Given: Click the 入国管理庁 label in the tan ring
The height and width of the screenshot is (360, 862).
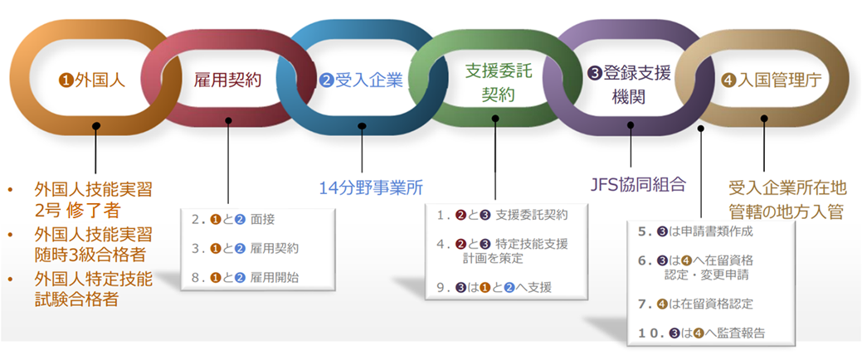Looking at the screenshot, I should (x=764, y=81).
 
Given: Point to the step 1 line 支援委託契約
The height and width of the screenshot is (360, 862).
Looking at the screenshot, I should (x=502, y=216).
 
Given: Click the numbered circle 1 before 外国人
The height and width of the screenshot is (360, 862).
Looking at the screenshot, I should (x=66, y=80).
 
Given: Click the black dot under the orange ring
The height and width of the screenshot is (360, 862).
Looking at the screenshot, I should (x=96, y=127).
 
